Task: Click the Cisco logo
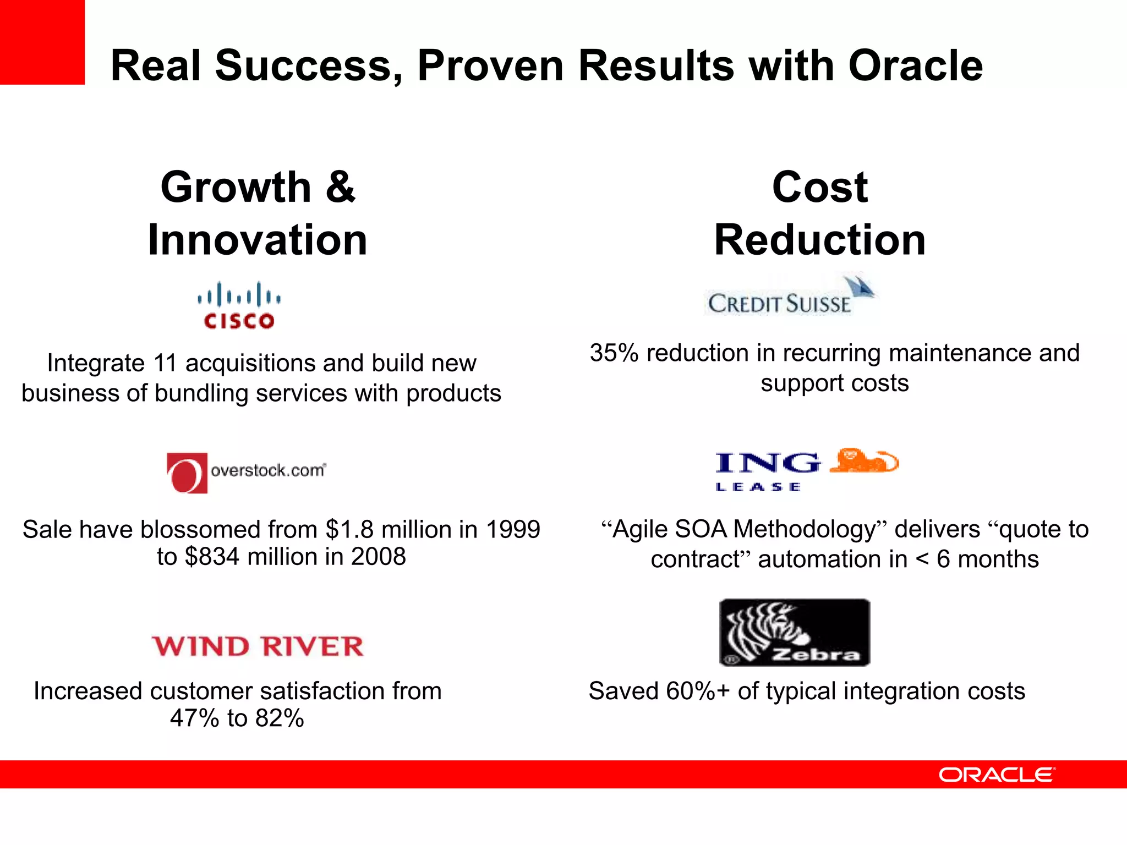[x=239, y=306]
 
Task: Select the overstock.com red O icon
[x=187, y=473]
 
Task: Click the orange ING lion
[x=863, y=461]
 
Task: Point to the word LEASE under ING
[x=758, y=487]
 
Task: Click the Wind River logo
[x=258, y=646]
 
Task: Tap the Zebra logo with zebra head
[x=794, y=633]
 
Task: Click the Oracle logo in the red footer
[x=997, y=775]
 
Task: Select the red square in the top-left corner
[x=42, y=42]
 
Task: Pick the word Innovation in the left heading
[x=258, y=240]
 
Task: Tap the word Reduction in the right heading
[x=820, y=240]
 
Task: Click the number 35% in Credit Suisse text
[x=614, y=353]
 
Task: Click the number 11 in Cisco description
[x=165, y=363]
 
